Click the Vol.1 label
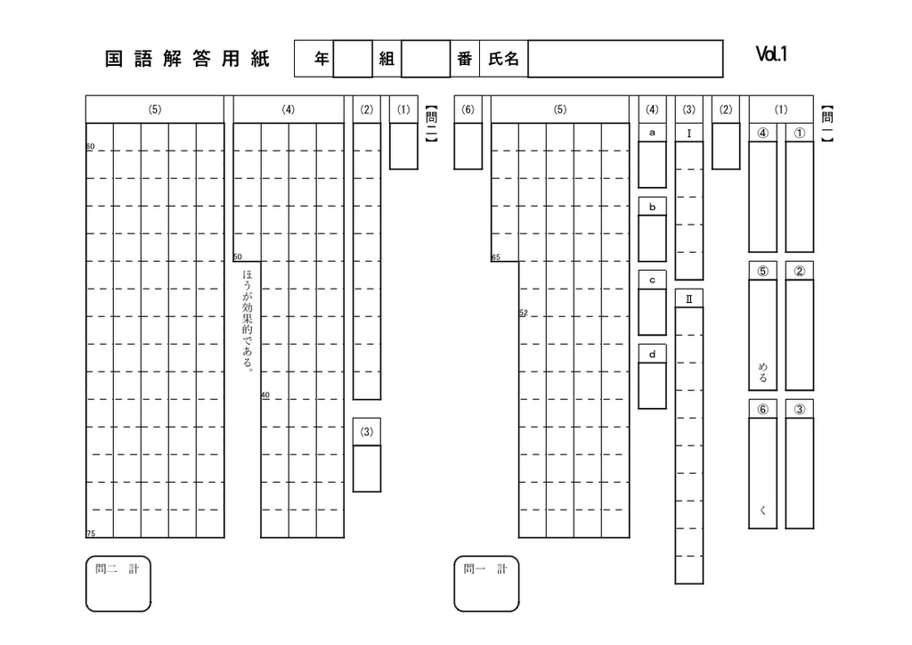pos(771,54)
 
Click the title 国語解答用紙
pos(187,59)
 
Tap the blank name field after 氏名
pos(625,59)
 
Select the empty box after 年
pos(353,59)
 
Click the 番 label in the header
pos(464,59)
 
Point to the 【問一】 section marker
pos(827,124)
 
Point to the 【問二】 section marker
pos(431,124)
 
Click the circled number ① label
pos(800,134)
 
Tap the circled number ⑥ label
pos(762,410)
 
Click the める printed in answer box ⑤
pos(762,372)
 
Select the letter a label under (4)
pos(652,133)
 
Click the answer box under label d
pos(652,386)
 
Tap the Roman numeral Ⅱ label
pos(689,299)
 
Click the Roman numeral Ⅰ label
pos(689,134)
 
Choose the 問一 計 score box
pos(486,584)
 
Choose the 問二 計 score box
pos(118,584)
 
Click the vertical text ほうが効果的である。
pos(248,320)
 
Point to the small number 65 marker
pos(495,257)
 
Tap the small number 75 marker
pos(91,534)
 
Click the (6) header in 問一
pos(468,110)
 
